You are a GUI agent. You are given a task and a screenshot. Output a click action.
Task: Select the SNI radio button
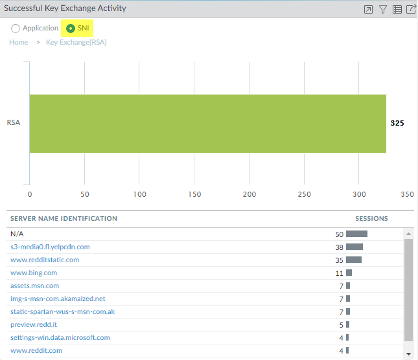(71, 28)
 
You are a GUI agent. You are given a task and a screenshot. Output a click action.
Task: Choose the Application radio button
(16, 28)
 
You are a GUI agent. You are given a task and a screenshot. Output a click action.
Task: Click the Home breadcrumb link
(19, 42)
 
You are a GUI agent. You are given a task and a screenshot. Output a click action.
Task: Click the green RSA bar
(207, 124)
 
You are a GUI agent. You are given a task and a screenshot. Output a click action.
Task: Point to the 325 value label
(397, 123)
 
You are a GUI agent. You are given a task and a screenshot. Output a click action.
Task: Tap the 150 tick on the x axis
(194, 194)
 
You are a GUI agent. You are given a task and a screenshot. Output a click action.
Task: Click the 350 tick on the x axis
(406, 194)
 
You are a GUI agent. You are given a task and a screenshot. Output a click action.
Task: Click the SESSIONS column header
(371, 219)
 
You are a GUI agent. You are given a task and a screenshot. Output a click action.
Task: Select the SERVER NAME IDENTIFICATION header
(64, 219)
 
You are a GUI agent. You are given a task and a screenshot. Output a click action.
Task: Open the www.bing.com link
(34, 273)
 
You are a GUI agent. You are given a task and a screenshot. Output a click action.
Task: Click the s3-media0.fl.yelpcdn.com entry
(50, 247)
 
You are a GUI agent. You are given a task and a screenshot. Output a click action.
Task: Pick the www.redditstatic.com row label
(45, 260)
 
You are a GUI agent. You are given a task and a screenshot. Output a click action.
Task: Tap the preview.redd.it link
(34, 324)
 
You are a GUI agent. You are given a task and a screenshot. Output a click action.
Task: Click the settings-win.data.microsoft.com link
(60, 337)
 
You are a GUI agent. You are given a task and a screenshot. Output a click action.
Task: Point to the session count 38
(339, 247)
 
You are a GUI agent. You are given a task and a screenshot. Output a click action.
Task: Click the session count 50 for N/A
(339, 234)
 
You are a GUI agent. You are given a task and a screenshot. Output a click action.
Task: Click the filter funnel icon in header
(383, 9)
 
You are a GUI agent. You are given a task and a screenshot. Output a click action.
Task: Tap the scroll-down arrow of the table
(408, 354)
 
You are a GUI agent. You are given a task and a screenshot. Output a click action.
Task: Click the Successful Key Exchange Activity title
(65, 8)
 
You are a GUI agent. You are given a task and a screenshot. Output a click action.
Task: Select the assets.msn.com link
(35, 286)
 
